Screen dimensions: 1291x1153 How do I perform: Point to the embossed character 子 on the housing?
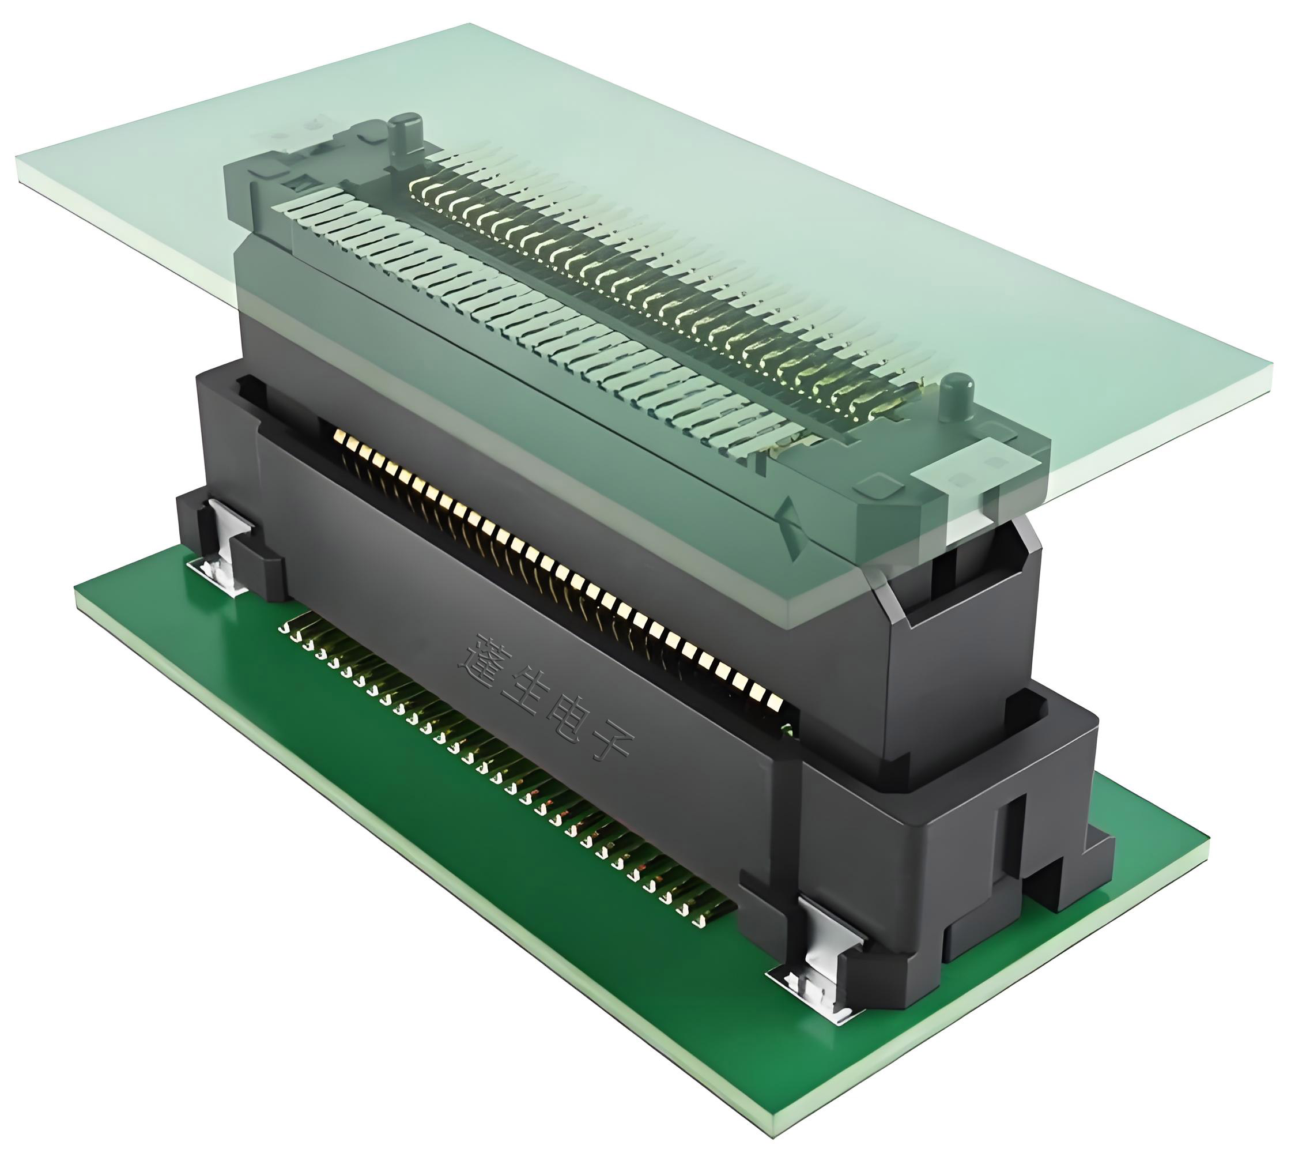pyautogui.click(x=607, y=743)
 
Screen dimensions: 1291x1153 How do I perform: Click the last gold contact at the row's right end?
pyautogui.click(x=774, y=701)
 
